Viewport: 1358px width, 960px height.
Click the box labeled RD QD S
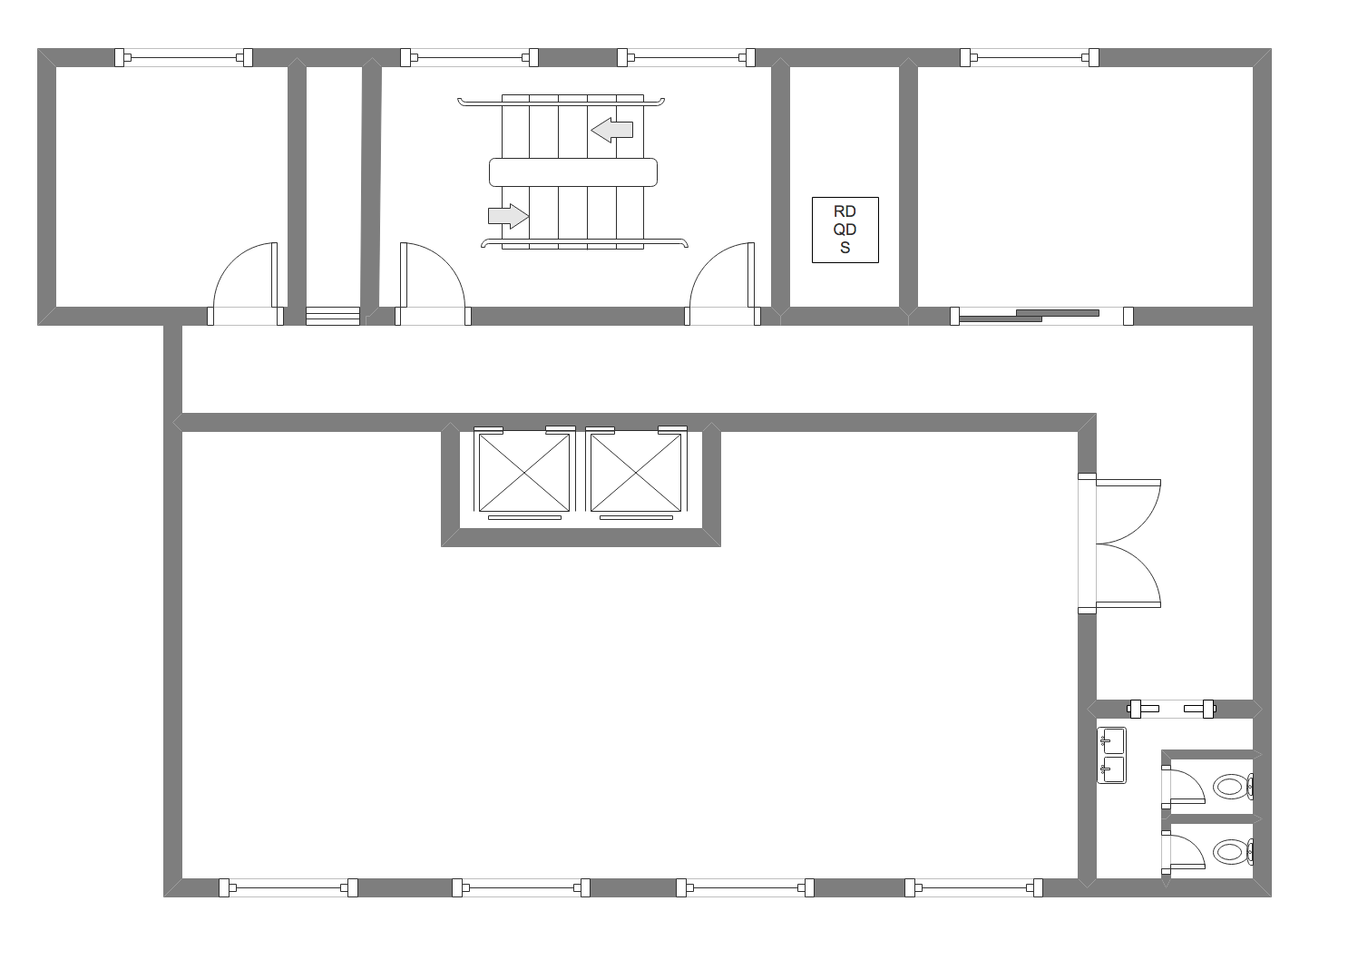[845, 230]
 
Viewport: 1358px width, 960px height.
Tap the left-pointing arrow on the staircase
[611, 130]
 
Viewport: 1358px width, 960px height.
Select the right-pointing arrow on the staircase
[509, 216]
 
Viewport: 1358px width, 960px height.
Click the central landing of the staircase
[573, 172]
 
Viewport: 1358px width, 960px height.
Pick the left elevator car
[524, 473]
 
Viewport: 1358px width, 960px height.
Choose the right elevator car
[636, 473]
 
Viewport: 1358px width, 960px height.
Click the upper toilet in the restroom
[1233, 787]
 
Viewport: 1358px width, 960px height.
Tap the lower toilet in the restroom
[1233, 851]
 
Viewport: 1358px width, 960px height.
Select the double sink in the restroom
[1112, 756]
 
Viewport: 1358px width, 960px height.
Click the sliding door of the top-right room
[1041, 316]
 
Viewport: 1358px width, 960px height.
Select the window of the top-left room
[183, 57]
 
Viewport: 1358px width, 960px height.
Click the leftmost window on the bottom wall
[288, 887]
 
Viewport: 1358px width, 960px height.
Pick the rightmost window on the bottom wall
[973, 887]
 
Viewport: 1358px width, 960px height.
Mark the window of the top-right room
[1030, 57]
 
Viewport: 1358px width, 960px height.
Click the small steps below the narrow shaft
[333, 316]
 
